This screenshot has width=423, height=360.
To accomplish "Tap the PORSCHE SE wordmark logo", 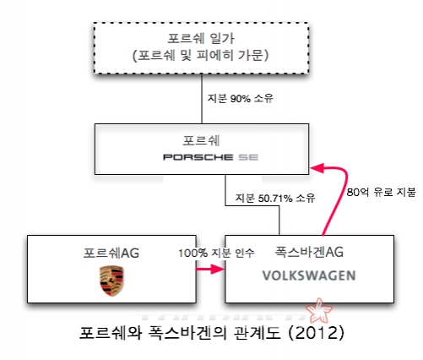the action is pyautogui.click(x=210, y=157).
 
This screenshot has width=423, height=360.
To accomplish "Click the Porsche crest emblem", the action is pyautogui.click(x=111, y=281).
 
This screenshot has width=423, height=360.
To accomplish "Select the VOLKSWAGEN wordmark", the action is pyautogui.click(x=309, y=275).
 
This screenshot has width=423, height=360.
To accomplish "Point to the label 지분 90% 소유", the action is pyautogui.click(x=241, y=98).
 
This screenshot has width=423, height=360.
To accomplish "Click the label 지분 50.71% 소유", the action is pyautogui.click(x=275, y=198).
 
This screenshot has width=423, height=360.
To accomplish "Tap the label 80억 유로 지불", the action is pyautogui.click(x=381, y=192).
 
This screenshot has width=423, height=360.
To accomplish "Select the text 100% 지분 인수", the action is pyautogui.click(x=216, y=253).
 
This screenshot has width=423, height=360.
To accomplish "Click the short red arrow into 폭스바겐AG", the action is pyautogui.click(x=210, y=270).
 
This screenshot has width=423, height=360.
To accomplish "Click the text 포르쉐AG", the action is pyautogui.click(x=111, y=253).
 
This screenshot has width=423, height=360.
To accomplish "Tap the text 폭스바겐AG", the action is pyautogui.click(x=309, y=252).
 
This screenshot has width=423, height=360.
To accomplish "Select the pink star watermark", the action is pyautogui.click(x=319, y=311).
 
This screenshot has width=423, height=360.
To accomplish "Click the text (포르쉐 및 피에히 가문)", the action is pyautogui.click(x=201, y=55).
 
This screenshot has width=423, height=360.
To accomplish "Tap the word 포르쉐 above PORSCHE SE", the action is pyautogui.click(x=201, y=140).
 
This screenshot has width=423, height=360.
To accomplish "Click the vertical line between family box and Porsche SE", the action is pyautogui.click(x=202, y=99).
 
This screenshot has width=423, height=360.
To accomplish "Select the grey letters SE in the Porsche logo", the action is pyautogui.click(x=248, y=157).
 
